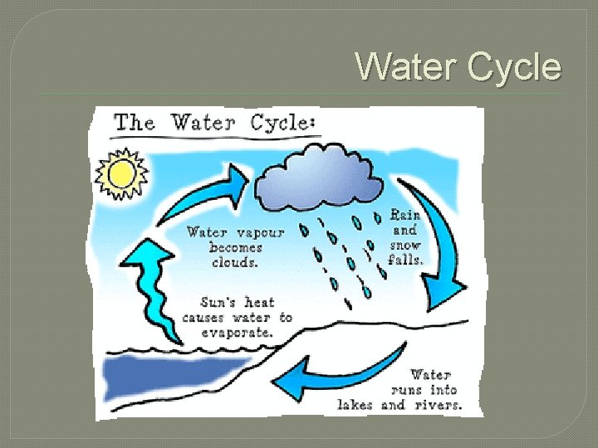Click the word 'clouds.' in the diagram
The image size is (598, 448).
pos(236,261)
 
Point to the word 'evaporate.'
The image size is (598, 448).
pos(237,332)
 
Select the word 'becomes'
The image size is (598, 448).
pos(236,247)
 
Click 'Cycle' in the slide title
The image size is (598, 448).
pos(515,66)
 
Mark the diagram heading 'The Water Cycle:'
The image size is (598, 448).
pos(214,123)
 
